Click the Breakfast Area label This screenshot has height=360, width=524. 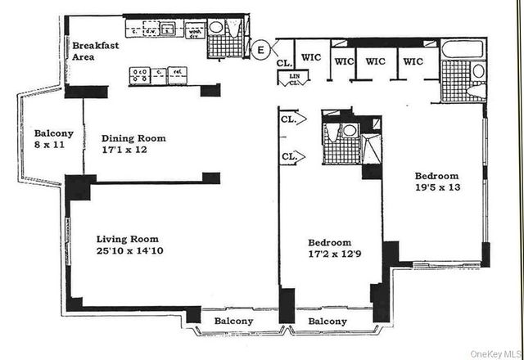(x=95, y=52)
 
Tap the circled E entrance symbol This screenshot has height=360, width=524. (x=260, y=49)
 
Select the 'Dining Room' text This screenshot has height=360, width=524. (x=133, y=138)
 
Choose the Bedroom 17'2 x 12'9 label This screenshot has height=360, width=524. (x=330, y=248)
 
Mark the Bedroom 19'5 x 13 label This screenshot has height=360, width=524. (x=436, y=182)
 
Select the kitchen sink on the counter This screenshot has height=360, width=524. (x=168, y=30)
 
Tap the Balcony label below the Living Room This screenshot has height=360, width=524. (x=233, y=322)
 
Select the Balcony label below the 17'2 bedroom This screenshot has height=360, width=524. (x=327, y=322)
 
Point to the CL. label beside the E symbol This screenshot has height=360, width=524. (x=283, y=62)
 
